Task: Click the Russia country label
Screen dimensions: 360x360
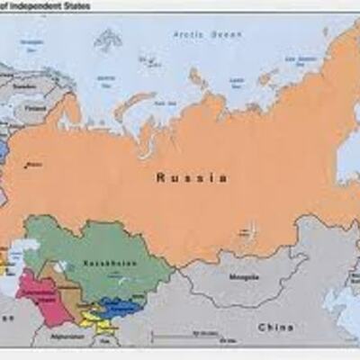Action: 191,177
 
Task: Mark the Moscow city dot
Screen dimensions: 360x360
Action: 28,165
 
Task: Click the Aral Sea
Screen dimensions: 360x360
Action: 59,266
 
